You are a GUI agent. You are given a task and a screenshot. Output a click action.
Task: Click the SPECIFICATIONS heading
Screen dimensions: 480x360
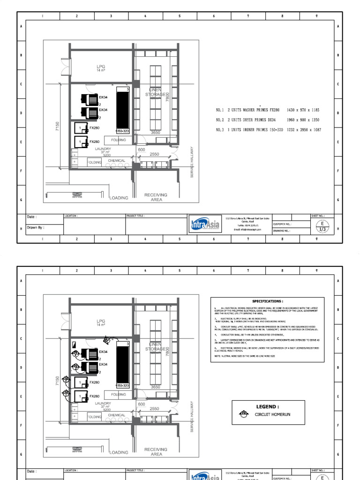pos(268,301)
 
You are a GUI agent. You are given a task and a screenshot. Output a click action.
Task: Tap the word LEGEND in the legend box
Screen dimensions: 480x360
pos(268,407)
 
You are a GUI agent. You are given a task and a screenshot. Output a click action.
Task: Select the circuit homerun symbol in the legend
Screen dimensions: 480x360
pos(243,414)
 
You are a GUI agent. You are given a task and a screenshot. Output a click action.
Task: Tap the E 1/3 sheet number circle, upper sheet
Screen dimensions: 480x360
pos(322,226)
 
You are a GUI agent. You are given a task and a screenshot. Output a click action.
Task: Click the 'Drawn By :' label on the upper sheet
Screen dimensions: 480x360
pos(36,227)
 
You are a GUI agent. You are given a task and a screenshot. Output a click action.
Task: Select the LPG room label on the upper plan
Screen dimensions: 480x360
pos(101,67)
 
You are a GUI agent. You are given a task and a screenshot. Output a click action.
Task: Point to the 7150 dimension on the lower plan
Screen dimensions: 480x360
pos(57,380)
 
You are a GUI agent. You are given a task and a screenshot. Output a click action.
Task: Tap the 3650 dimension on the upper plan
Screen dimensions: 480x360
pos(155,133)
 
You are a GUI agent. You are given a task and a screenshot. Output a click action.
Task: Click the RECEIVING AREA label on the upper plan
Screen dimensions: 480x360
pos(156,197)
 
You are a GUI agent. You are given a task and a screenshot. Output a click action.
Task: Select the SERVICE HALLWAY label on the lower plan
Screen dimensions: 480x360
pos(192,416)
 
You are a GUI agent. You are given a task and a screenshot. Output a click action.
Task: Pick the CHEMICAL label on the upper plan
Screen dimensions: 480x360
pos(117,161)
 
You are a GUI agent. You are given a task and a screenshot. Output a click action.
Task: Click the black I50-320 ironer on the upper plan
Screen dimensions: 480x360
pos(123,111)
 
